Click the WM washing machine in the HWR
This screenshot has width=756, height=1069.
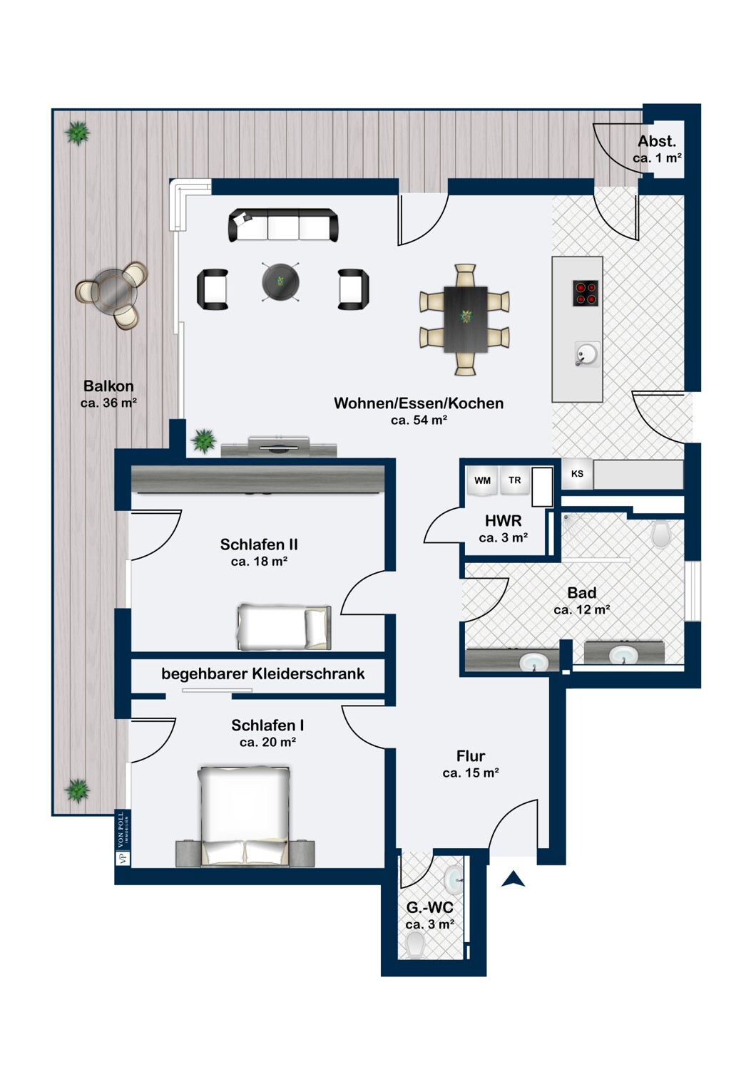[x=482, y=480]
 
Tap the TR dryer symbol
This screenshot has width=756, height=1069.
[x=514, y=480]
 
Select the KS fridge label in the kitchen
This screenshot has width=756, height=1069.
[x=577, y=474]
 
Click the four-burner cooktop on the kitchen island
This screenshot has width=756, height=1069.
[x=586, y=294]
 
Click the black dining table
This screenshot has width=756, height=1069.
[x=466, y=319]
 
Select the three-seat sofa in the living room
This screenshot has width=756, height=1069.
[x=284, y=224]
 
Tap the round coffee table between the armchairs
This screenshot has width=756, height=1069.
[x=280, y=282]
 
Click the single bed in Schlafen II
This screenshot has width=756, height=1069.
[x=284, y=627]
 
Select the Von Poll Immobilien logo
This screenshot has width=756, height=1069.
[x=120, y=837]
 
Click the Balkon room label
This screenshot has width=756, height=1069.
[x=108, y=386]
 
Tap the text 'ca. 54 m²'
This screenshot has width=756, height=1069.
[x=419, y=420]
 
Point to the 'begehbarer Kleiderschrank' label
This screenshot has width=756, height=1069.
[x=262, y=674]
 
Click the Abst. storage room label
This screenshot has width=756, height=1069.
[x=657, y=141]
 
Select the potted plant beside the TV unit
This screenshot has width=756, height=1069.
[x=204, y=440]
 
